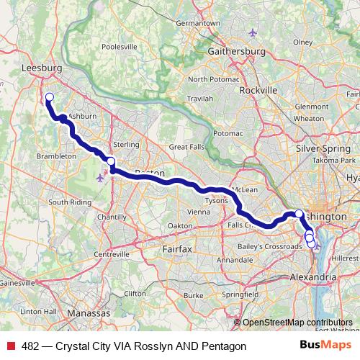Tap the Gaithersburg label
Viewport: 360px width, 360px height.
236,52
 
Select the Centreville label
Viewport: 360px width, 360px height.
110,254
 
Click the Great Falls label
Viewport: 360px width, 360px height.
187,147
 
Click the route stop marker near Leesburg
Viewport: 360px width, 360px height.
50,98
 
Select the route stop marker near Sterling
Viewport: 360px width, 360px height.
111,162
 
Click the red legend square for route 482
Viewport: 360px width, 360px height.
9,346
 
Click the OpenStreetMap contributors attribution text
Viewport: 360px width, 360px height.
297,323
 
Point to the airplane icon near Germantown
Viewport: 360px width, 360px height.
251,32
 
